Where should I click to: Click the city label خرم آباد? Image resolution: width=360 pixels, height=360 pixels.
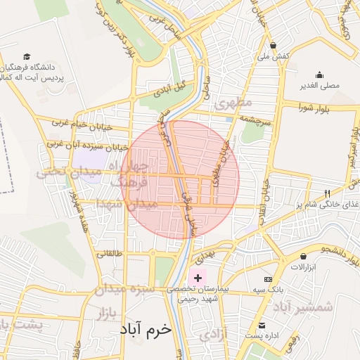[146, 328]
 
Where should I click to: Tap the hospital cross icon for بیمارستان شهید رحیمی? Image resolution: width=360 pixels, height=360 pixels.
[198, 278]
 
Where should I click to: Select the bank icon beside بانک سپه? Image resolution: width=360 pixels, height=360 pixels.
[267, 280]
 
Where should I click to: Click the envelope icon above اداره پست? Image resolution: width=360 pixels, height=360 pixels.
[262, 326]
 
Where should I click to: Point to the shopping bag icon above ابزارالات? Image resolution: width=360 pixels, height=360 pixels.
[303, 257]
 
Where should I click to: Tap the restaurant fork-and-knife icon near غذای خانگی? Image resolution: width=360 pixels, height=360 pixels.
[327, 193]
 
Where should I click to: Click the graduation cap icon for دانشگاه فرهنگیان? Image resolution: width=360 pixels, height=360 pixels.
[27, 56]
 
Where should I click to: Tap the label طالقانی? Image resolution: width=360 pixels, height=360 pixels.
[108, 254]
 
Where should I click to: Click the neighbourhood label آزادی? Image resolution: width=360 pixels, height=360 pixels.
[213, 335]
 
